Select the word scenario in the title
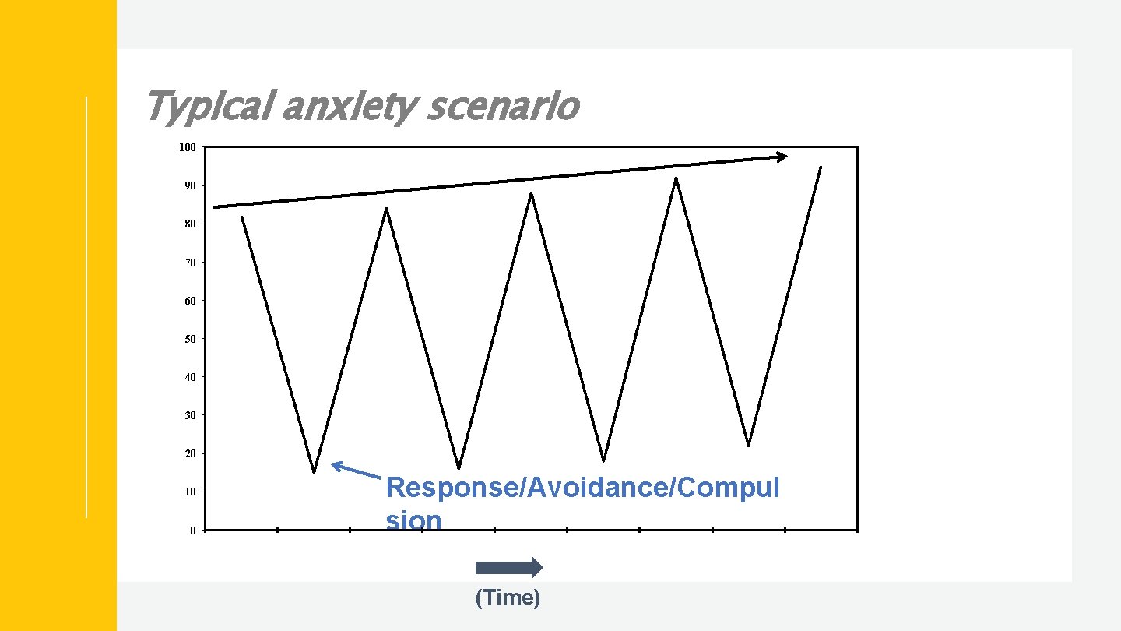pos(503,107)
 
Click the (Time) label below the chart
pos(508,598)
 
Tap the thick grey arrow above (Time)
pos(508,568)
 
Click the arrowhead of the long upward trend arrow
pos(782,157)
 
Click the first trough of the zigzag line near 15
pos(314,471)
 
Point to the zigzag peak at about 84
pos(386,209)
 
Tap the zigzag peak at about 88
pos(531,193)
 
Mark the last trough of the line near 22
pos(748,445)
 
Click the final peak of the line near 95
pos(821,167)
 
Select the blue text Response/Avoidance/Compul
pos(582,488)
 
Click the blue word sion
pos(413,520)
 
